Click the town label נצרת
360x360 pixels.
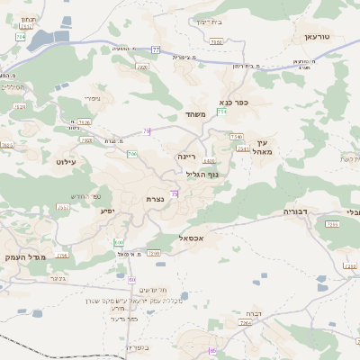pos(153,198)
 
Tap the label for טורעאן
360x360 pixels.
pos(316,37)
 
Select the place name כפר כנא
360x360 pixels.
pos(234,102)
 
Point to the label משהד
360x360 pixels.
pos(196,114)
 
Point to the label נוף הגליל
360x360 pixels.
pos(208,175)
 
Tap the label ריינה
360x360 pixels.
pos(186,155)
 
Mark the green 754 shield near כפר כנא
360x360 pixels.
pos(221,111)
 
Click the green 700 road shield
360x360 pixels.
pos(132,155)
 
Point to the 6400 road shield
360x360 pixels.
pos(209,162)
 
